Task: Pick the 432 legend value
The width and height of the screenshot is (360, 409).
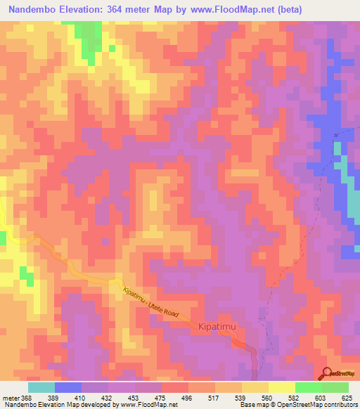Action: (x=108, y=397)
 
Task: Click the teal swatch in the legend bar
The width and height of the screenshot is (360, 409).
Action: (x=41, y=387)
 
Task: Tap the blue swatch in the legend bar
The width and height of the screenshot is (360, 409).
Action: (x=68, y=387)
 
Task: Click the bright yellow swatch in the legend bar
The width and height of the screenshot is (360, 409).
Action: (x=281, y=387)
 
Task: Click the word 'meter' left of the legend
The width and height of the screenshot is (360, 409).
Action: (x=8, y=397)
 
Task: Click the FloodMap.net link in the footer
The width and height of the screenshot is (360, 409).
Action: (x=150, y=405)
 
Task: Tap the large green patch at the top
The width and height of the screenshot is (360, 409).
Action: (x=87, y=39)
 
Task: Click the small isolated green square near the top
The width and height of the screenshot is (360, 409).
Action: (x=111, y=48)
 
